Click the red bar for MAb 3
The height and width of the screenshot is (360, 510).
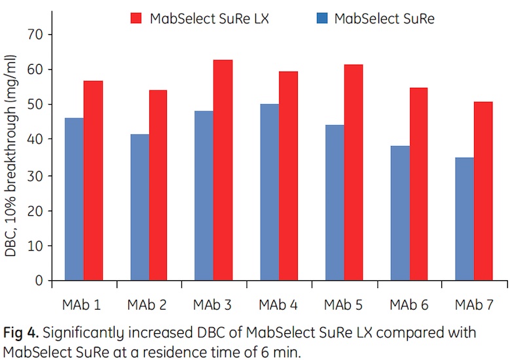click(x=223, y=170)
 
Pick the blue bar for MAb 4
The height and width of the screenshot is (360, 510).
click(x=268, y=192)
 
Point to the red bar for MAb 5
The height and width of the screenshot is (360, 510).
click(x=353, y=173)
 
